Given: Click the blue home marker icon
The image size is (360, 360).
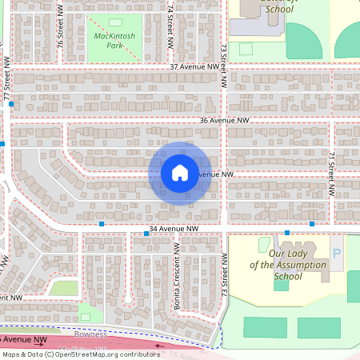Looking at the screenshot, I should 180,172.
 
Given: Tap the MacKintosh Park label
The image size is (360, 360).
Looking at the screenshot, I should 114,40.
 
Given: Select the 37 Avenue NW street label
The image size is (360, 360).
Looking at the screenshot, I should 194,68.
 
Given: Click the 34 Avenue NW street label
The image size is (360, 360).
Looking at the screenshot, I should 174,229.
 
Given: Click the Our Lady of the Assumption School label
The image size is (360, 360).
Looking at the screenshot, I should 286,265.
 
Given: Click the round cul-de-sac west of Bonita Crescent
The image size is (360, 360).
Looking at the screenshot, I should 127,300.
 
